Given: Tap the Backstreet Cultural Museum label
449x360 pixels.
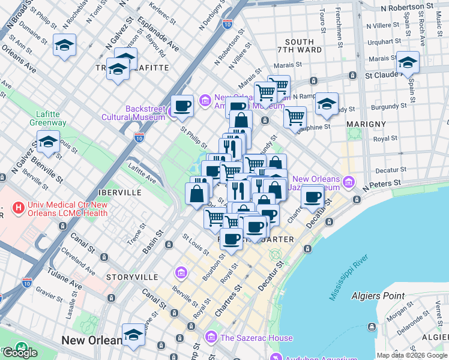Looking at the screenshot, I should coord(136,113).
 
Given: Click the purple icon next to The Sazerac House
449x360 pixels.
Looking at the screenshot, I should coord(211,337).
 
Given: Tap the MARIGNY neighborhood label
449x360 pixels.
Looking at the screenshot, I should coord(366,124).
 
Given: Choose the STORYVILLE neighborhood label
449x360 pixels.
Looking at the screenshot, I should coord(132,277).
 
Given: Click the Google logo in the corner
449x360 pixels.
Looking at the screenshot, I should coord(20,352).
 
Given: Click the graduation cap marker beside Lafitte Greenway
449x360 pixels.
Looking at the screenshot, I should coord(48,143).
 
